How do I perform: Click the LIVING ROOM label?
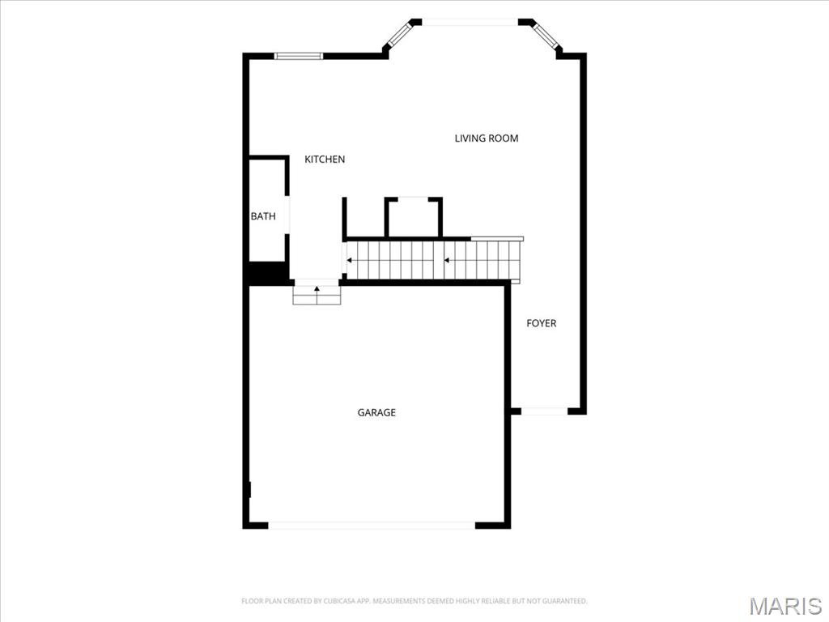(487, 138)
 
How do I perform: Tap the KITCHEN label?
(325, 160)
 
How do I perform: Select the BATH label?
(263, 216)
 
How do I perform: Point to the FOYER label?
(542, 323)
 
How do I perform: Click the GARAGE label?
(376, 412)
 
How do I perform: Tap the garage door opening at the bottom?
(372, 525)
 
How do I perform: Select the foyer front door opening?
(545, 411)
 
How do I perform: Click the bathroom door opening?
(287, 215)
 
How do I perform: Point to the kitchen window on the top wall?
(298, 56)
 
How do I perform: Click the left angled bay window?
(399, 33)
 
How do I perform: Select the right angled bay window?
(544, 34)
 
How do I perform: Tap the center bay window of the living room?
(470, 22)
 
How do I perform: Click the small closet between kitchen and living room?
(414, 218)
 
